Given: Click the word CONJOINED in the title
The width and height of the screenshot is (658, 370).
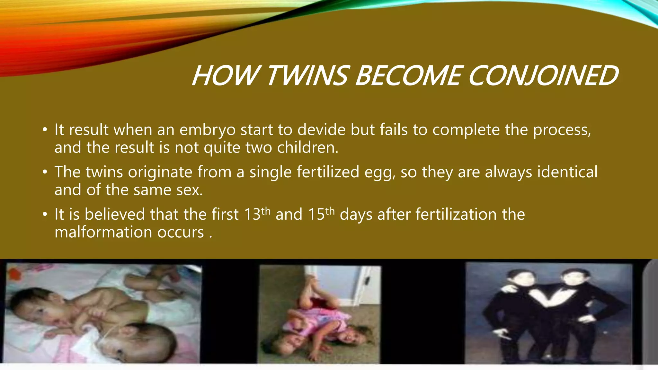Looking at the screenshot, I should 543,76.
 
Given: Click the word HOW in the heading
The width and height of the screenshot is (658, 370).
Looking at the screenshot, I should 225,76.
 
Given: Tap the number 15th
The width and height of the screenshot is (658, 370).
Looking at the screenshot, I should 321,214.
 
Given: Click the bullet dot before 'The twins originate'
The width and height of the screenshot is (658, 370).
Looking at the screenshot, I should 45,172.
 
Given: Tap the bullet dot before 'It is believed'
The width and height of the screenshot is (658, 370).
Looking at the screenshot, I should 45,215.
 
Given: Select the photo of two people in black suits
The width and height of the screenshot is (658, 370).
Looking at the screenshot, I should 549,313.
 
